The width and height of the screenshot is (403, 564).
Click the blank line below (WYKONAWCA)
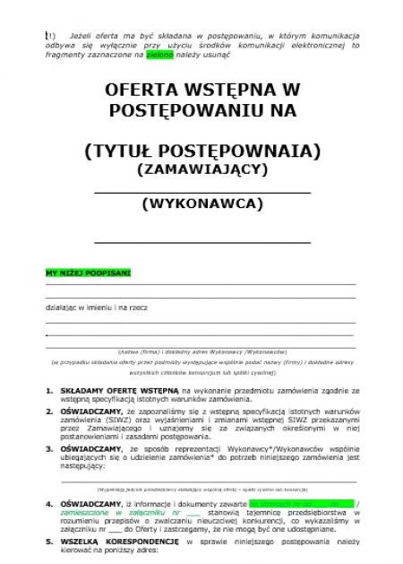click(201, 242)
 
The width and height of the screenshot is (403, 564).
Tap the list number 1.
click(48, 392)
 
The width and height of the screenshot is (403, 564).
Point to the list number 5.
click(48, 542)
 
